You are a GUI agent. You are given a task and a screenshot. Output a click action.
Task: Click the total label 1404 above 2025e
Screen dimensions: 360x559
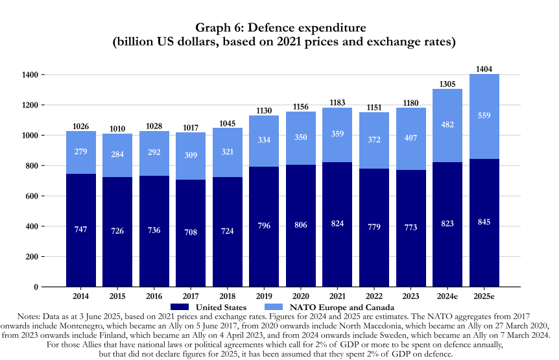(x=484, y=68)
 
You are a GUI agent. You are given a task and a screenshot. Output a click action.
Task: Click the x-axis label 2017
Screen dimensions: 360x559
(x=191, y=295)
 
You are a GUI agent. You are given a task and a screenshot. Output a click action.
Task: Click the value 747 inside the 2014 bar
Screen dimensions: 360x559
(x=81, y=229)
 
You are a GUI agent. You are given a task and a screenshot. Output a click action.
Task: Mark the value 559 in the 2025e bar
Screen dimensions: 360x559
(x=484, y=115)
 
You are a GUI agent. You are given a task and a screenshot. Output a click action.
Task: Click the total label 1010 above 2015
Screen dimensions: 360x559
(x=117, y=128)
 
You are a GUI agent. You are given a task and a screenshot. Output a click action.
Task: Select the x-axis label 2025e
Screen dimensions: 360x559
(x=484, y=295)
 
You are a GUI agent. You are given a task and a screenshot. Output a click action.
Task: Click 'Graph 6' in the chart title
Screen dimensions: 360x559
(x=220, y=29)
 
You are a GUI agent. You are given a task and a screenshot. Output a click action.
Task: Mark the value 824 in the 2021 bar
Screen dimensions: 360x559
(x=337, y=224)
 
